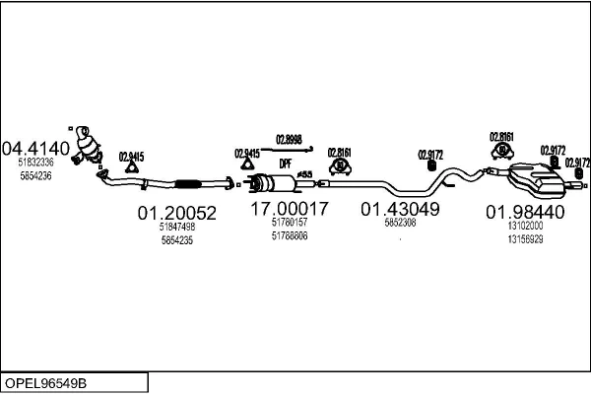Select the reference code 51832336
(36, 164)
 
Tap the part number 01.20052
(176, 212)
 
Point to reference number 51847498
(177, 227)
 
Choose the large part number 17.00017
(289, 209)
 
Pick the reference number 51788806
(289, 235)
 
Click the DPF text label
(286, 164)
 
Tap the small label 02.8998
(289, 139)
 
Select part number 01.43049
(399, 209)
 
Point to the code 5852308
(399, 223)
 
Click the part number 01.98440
(525, 212)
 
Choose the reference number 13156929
(525, 239)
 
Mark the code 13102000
(525, 227)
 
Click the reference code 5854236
(36, 175)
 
